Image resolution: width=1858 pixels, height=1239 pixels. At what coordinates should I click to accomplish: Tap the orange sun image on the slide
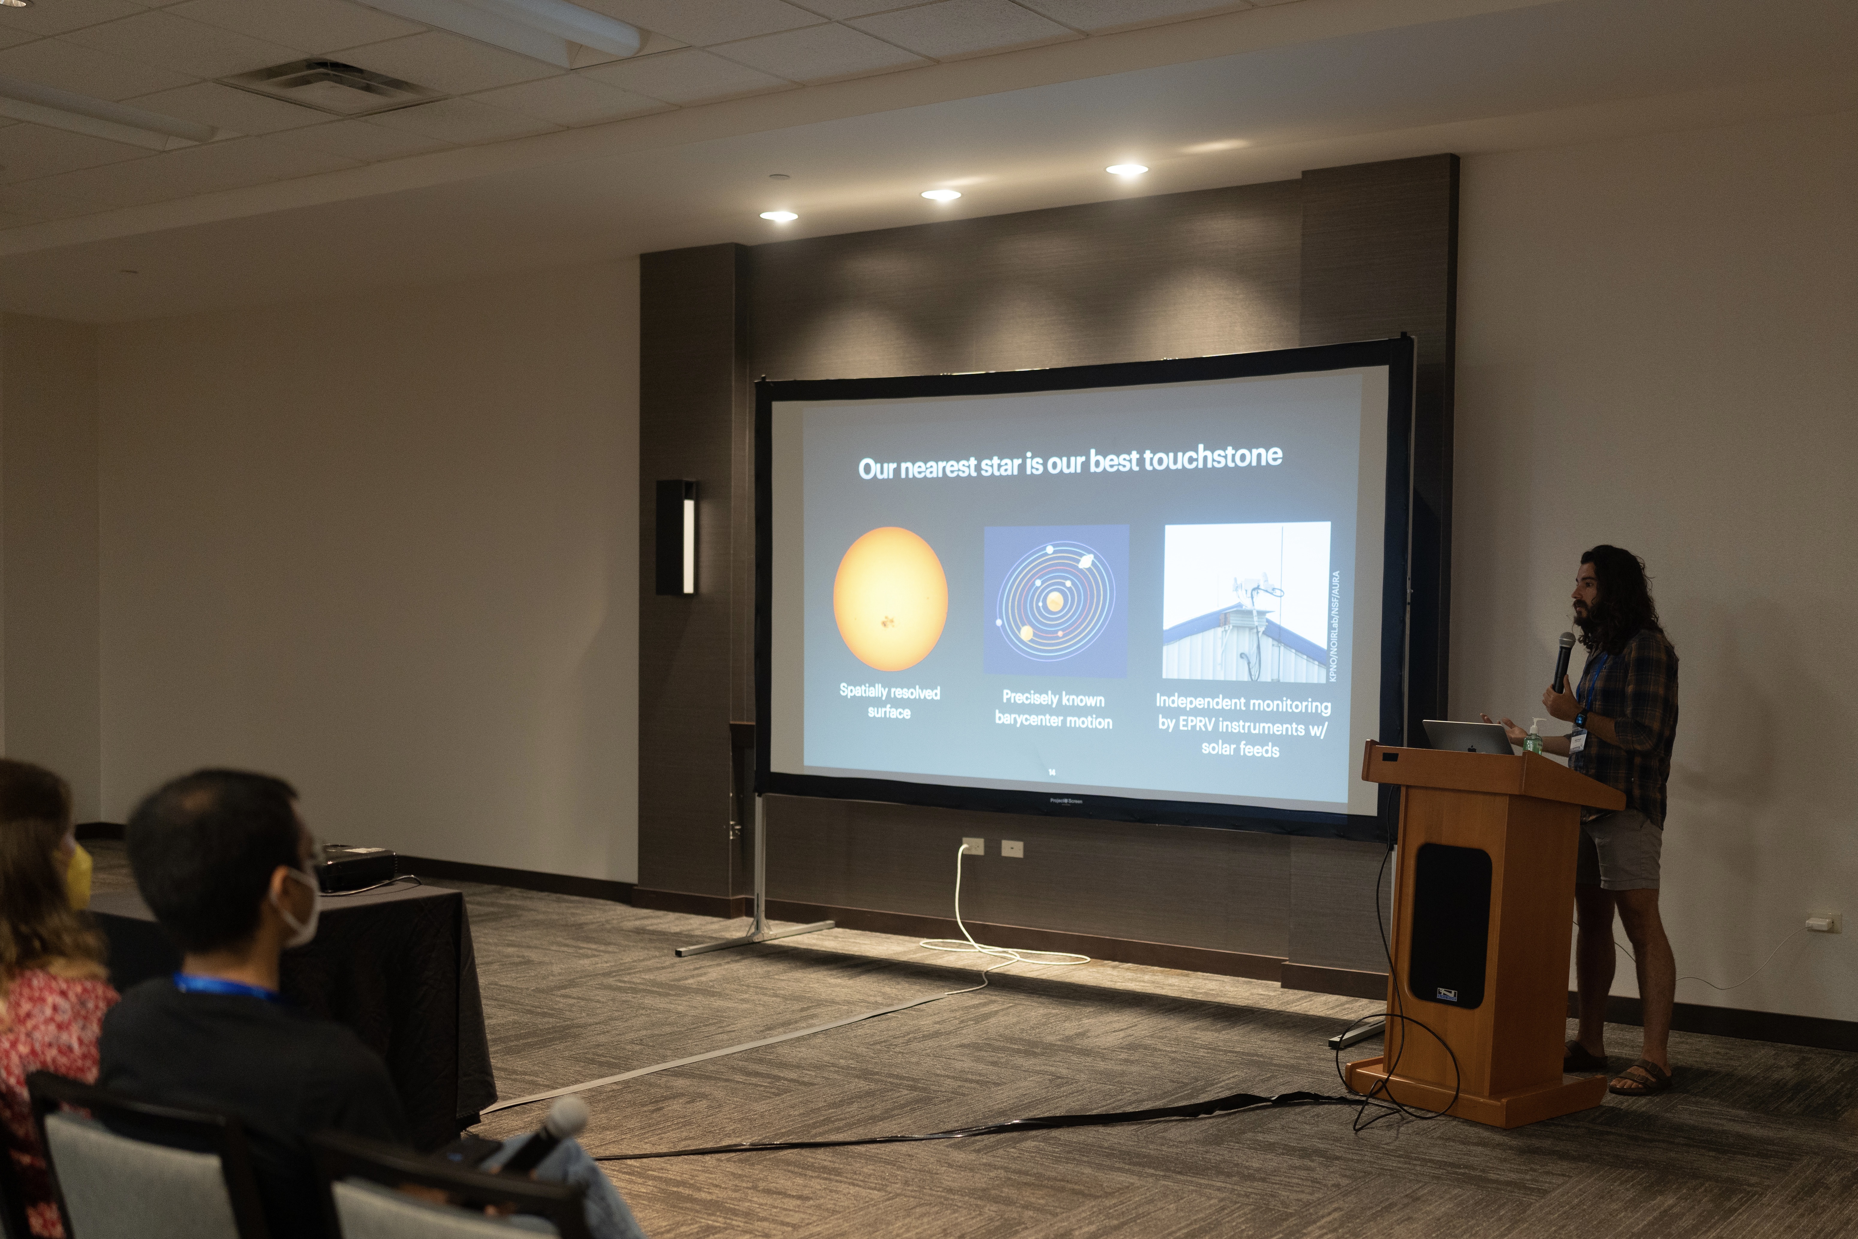click(x=890, y=599)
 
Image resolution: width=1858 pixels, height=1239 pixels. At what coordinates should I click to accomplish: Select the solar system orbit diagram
click(x=1055, y=600)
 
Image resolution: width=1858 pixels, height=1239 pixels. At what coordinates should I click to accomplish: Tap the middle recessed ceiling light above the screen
click(x=940, y=194)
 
